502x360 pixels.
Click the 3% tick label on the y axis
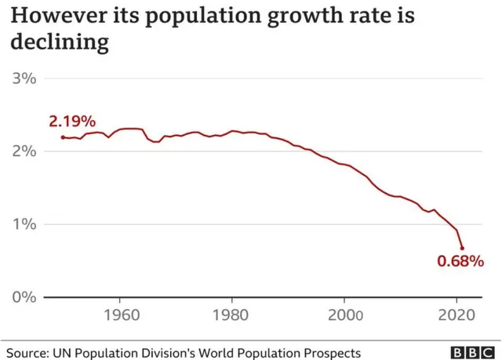point(25,78)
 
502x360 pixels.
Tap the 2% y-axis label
point(25,151)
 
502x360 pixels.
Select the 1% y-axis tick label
point(25,224)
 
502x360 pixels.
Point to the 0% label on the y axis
point(25,296)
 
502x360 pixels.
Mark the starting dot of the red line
point(63,137)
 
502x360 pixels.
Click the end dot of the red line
point(462,248)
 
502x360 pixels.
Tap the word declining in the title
point(58,42)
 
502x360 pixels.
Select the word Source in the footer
point(29,353)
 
